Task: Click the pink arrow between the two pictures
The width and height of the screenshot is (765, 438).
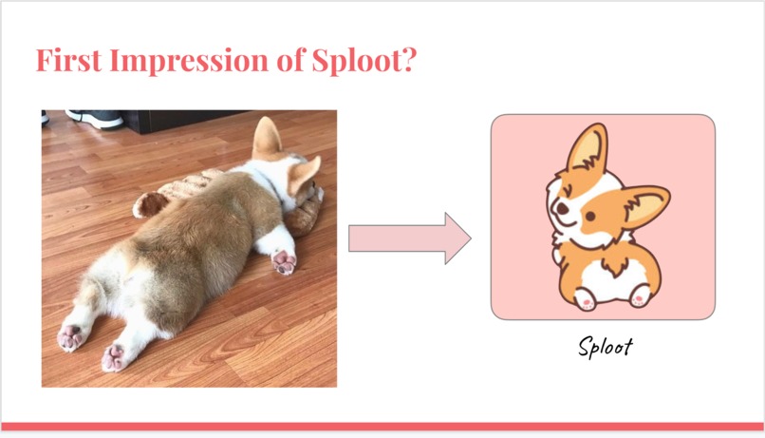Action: coord(409,238)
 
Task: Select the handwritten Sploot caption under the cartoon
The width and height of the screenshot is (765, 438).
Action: coord(605,346)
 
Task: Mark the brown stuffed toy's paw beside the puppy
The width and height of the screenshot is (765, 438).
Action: coord(146,203)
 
